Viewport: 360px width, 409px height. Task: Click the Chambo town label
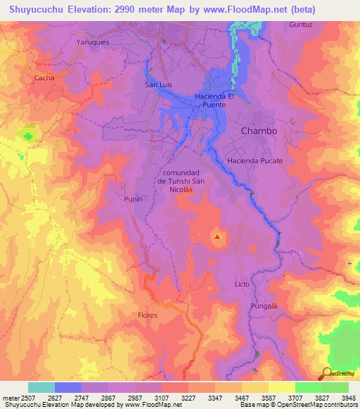coord(259,131)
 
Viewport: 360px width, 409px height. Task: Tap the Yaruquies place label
coord(94,41)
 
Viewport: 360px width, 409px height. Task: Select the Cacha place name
coord(44,78)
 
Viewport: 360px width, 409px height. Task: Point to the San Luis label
coord(158,85)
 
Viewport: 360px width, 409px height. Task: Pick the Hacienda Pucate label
coord(255,161)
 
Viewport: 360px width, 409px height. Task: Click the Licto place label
coord(242,284)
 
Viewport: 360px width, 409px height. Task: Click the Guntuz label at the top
coord(300,25)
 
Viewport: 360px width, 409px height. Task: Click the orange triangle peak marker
coord(217,237)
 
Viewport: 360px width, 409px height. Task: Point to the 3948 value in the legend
coord(348,397)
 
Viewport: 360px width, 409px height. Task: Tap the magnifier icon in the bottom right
coord(327,372)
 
